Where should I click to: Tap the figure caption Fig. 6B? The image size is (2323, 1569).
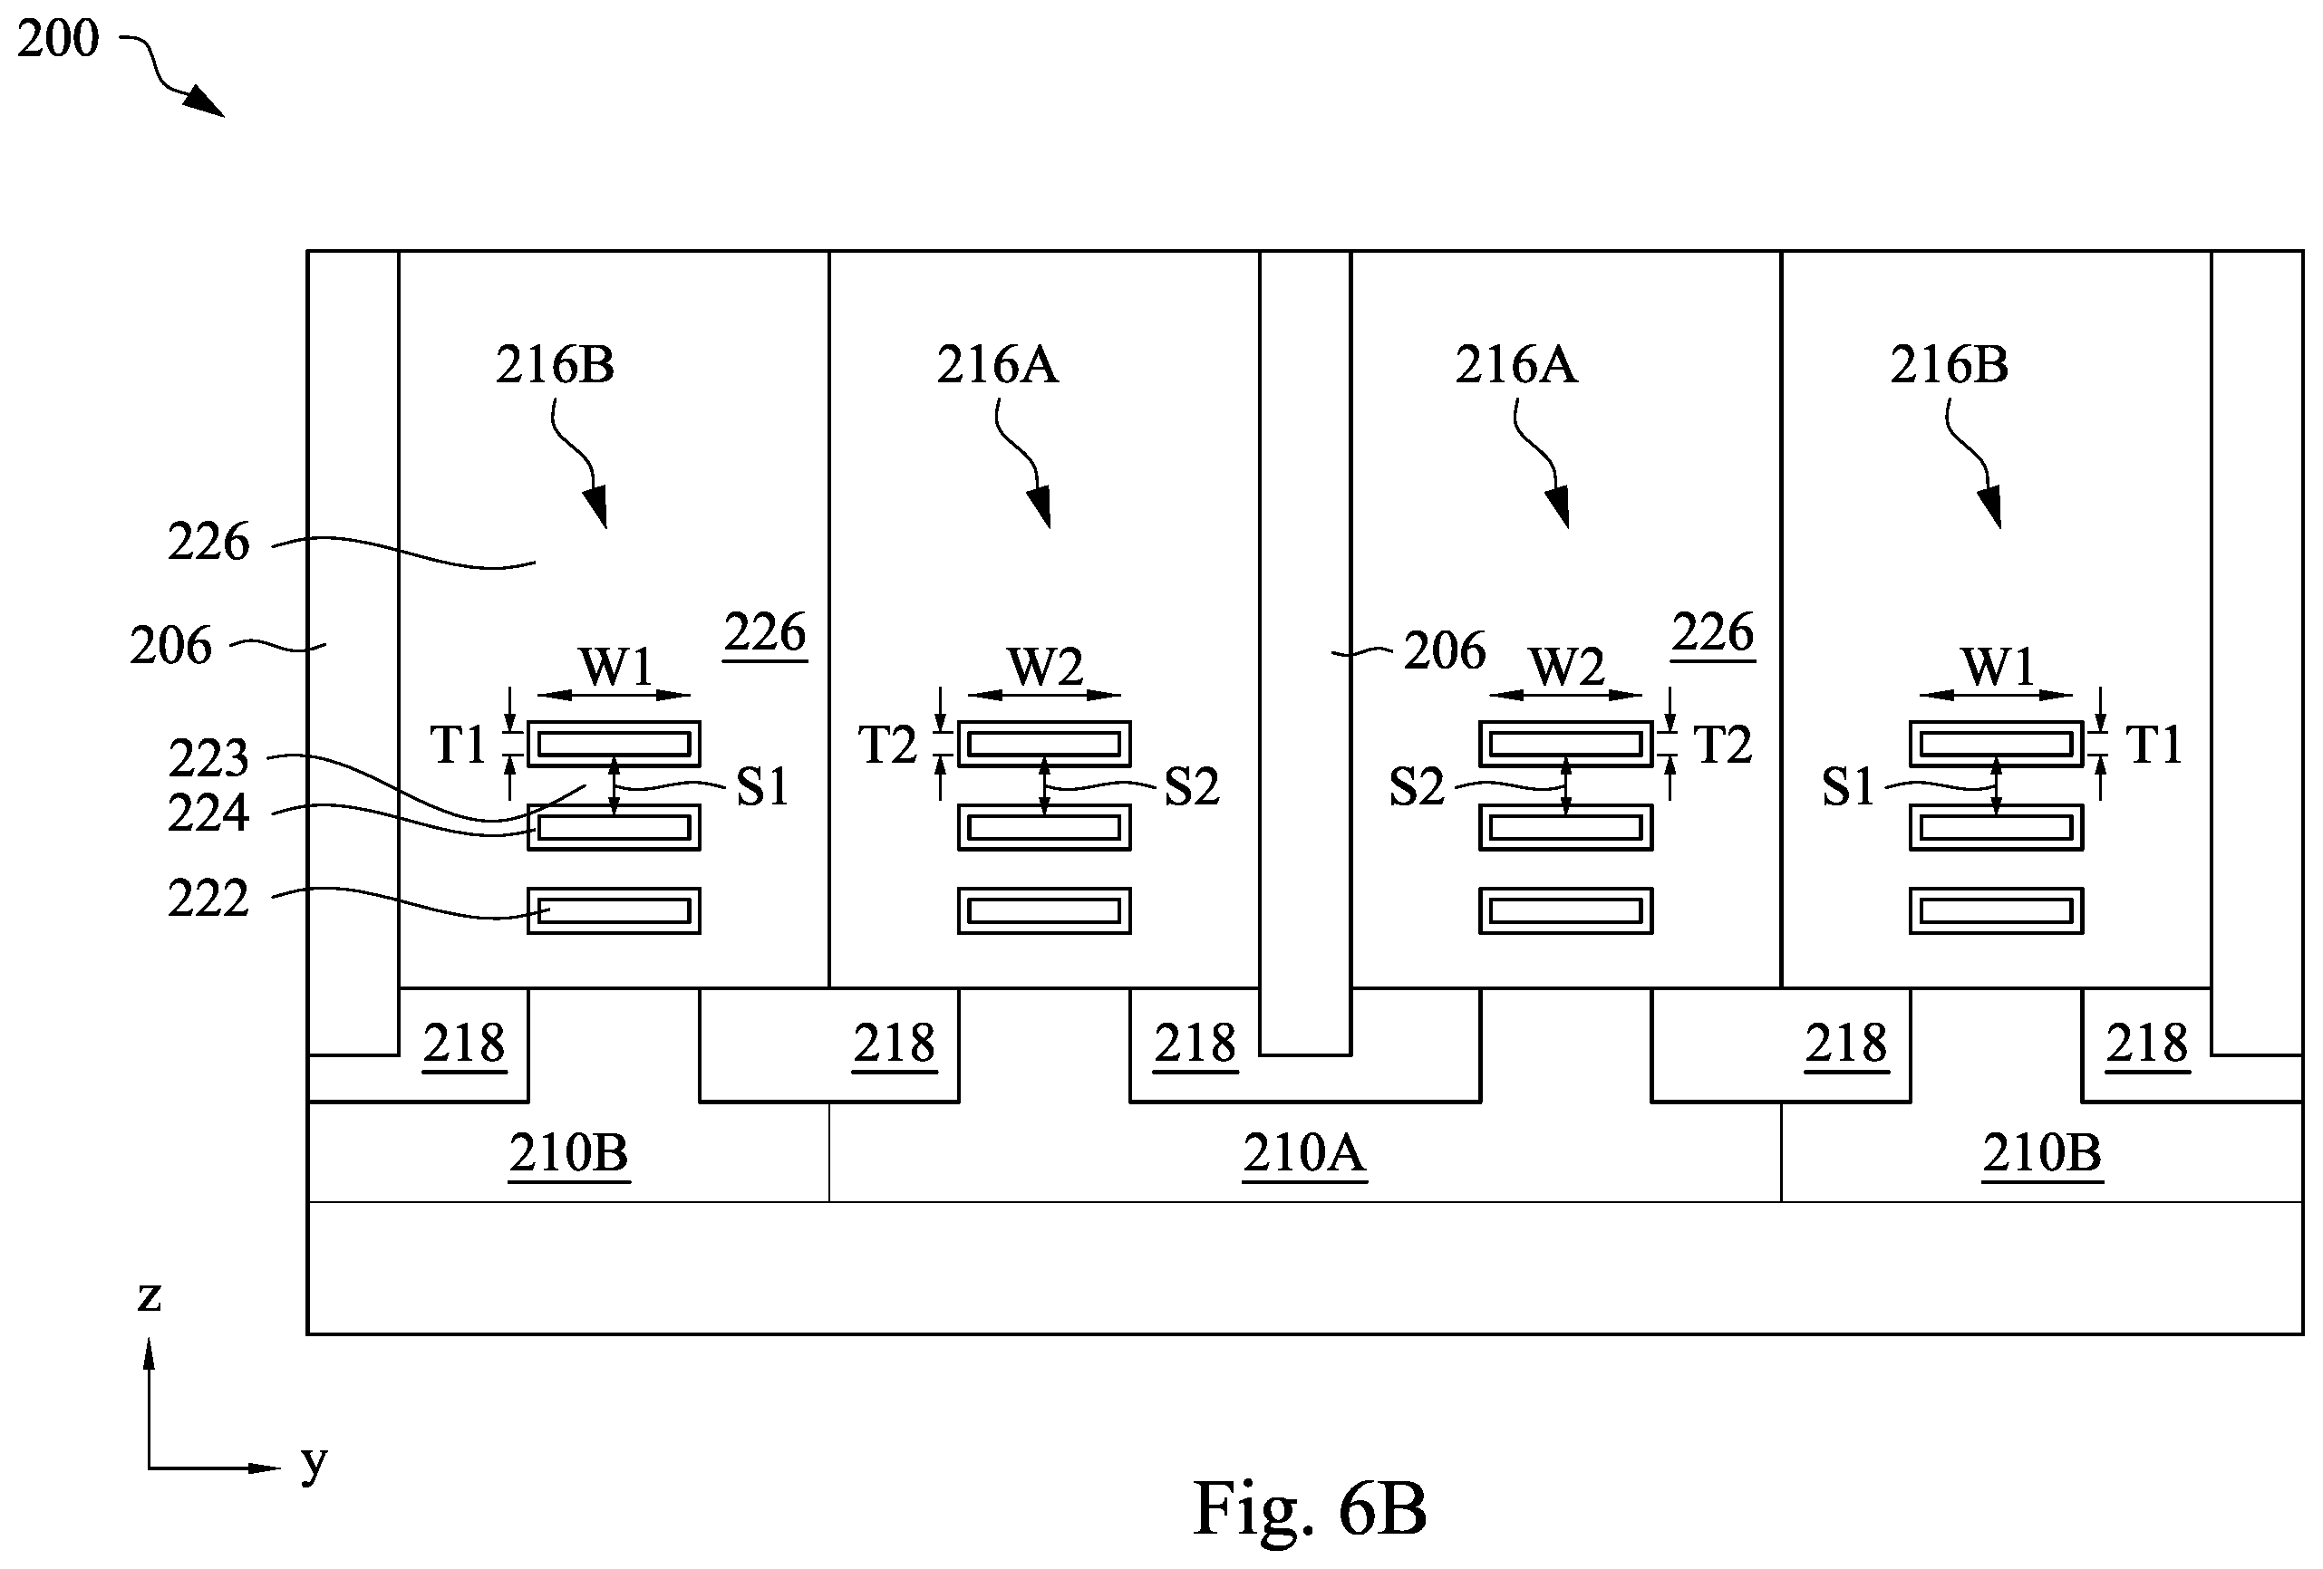point(1310,1509)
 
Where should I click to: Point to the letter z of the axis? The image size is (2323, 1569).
point(149,1297)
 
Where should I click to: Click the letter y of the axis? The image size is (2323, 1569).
point(314,1465)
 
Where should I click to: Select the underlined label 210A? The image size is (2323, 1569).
point(1303,1153)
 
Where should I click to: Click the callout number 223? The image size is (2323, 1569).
point(208,758)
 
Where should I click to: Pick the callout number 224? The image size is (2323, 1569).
point(208,813)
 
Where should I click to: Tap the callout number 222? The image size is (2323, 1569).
point(208,899)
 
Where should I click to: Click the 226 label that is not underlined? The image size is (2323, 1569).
point(208,543)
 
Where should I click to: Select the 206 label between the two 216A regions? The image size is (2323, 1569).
point(1445,650)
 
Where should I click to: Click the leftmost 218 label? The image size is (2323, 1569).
point(464,1044)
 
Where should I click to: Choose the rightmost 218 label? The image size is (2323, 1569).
point(2147,1044)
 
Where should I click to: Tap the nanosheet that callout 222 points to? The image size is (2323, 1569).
point(614,910)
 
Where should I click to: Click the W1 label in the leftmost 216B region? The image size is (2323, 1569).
point(615,666)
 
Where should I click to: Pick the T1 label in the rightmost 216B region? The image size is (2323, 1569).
point(2154,746)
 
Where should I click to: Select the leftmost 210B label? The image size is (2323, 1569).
point(569,1153)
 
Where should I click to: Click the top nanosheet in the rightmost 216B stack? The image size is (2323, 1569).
point(1996,744)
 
